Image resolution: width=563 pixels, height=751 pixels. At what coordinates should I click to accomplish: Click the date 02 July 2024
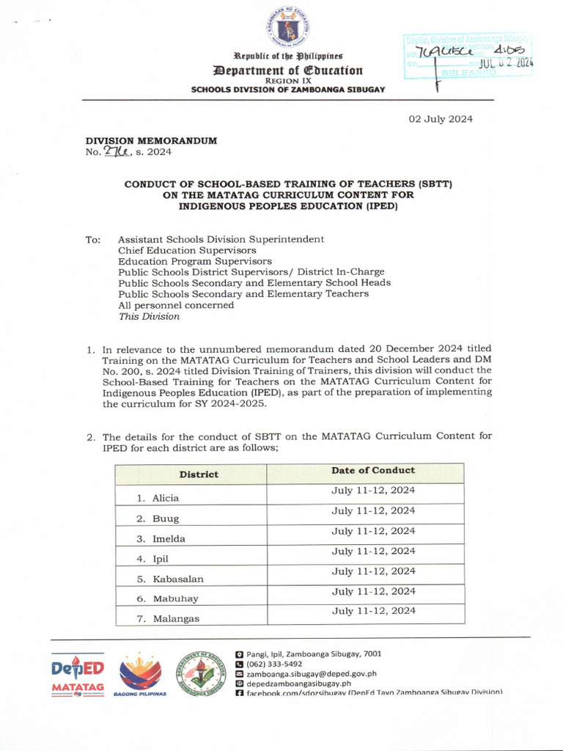click(441, 119)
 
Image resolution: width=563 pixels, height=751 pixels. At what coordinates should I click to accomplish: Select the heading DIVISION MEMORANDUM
click(151, 140)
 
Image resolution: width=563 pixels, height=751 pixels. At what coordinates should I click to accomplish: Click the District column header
click(199, 474)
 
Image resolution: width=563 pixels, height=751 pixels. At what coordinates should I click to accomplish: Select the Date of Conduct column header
click(372, 470)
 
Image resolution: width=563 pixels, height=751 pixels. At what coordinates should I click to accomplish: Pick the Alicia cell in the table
click(165, 498)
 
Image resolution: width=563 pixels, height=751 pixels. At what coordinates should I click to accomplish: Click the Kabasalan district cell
click(177, 579)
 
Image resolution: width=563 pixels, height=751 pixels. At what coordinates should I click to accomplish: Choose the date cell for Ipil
click(373, 551)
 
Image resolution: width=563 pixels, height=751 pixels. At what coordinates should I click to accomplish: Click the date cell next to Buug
click(373, 510)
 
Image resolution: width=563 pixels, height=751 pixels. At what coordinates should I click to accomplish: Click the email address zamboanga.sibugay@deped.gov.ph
click(311, 673)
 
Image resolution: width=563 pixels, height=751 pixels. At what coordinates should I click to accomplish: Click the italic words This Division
click(149, 317)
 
